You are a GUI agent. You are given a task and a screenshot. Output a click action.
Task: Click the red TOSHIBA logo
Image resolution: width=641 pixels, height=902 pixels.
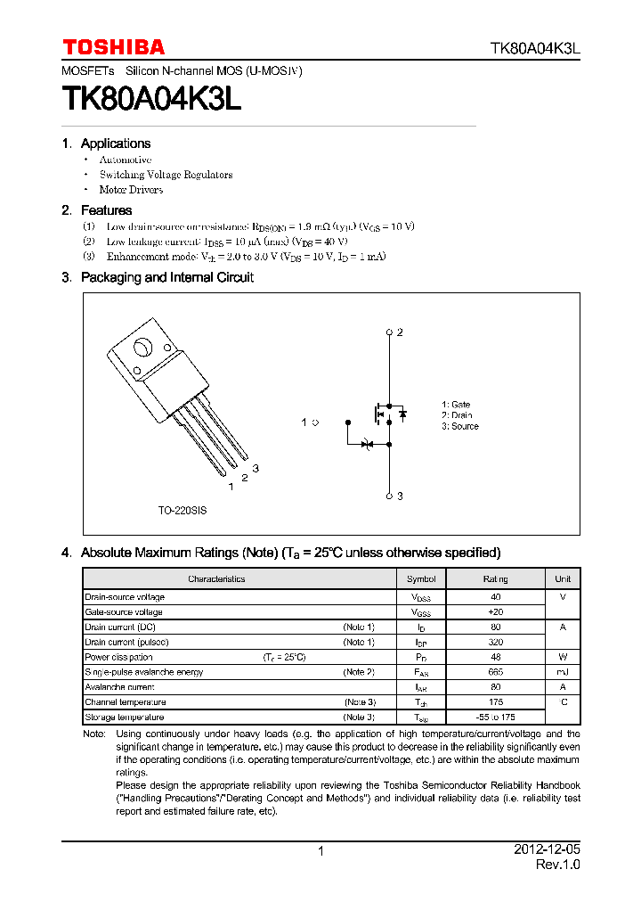pos(113,47)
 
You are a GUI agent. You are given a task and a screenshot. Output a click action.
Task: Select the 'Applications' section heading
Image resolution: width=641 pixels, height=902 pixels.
pos(115,143)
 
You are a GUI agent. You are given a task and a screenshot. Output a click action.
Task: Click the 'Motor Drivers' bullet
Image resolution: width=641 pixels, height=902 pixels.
pos(131,190)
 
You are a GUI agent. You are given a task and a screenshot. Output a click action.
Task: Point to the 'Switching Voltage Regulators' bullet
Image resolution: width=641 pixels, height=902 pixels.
pos(166,175)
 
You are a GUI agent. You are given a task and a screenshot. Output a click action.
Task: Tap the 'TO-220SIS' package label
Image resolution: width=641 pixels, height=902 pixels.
pos(183,512)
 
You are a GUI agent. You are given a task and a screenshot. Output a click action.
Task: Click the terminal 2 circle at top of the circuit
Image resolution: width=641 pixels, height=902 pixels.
pos(389,332)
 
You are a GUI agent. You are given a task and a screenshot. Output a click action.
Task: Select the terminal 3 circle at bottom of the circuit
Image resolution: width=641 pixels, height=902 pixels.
pos(389,496)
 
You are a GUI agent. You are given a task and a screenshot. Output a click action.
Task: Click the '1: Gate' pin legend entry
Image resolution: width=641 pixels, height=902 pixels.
pos(456,405)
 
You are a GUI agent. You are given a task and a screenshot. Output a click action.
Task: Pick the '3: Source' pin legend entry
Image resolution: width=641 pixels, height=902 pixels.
pos(459,426)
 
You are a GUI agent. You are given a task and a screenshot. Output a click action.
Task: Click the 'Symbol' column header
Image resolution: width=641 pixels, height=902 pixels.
pos(421,578)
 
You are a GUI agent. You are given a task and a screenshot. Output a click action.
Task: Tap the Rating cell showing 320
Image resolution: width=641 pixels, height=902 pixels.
pos(496,642)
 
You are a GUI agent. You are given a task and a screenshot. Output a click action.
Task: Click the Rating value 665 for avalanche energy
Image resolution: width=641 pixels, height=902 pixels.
pos(496,672)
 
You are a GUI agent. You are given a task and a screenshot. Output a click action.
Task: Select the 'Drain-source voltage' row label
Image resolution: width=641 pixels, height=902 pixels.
pos(125,597)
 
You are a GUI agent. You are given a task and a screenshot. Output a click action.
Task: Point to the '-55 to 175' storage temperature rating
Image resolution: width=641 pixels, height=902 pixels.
pos(496,717)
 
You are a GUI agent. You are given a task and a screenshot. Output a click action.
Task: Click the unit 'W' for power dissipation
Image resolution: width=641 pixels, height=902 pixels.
pos(563,657)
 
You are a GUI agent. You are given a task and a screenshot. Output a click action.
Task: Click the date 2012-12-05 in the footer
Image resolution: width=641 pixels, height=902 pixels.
pos(547,850)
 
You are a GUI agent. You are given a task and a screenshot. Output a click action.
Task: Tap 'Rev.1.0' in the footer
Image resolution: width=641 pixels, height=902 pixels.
pos(557,865)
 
